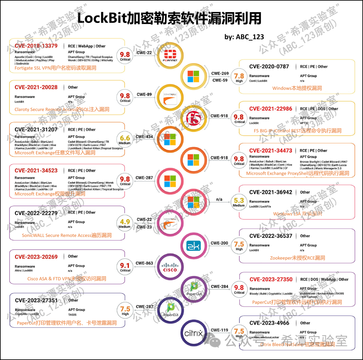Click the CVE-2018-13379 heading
pyautogui.click(x=36, y=46)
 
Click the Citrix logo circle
pyautogui.click(x=193, y=333)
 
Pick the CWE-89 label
pyautogui.click(x=144, y=94)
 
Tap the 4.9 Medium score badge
pyautogui.click(x=125, y=223)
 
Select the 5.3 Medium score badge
pyautogui.click(x=239, y=202)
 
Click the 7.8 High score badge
pyautogui.click(x=239, y=78)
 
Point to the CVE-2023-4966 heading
pyautogui.click(x=269, y=323)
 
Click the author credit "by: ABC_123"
pyautogui.click(x=244, y=37)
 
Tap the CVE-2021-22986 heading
pyautogui.click(x=271, y=109)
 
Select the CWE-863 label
pyautogui.click(x=145, y=263)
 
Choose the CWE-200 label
pyautogui.click(x=219, y=243)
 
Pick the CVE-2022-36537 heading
pyautogui.click(x=271, y=236)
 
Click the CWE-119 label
pyautogui.click(x=219, y=330)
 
